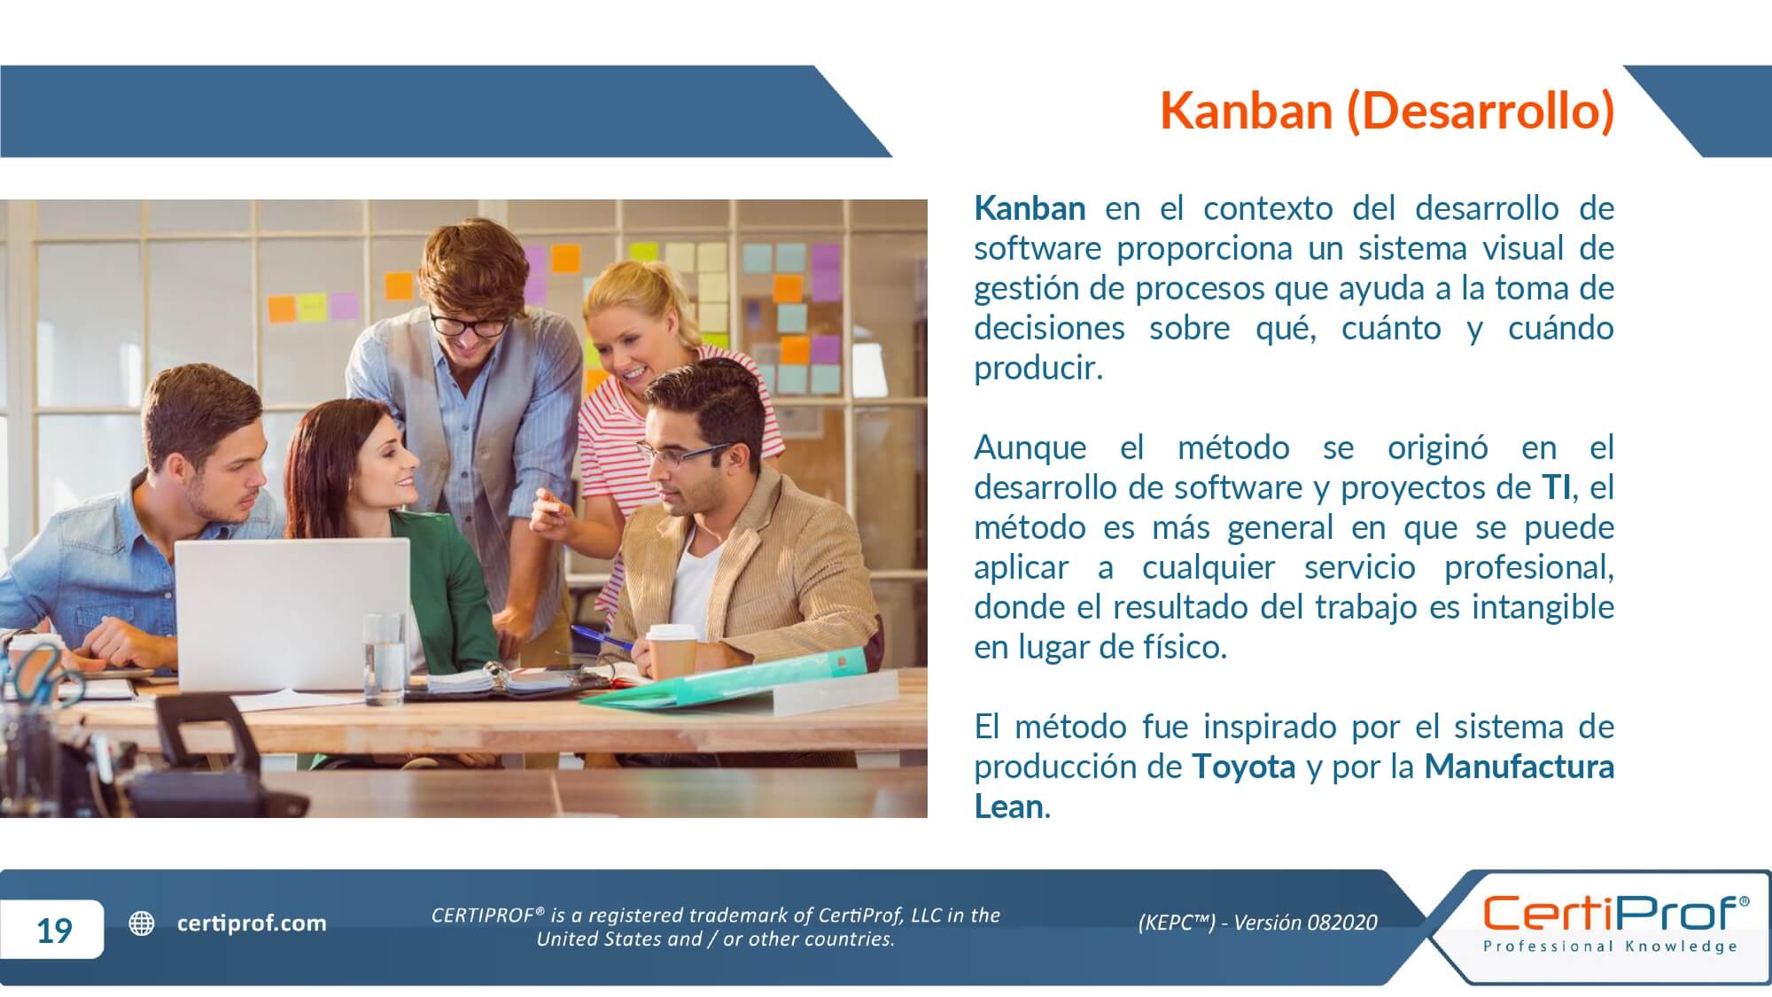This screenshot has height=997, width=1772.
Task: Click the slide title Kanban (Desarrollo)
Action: (x=1387, y=111)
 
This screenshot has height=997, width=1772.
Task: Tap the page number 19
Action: (x=54, y=930)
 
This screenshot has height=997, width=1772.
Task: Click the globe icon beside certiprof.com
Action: (x=142, y=923)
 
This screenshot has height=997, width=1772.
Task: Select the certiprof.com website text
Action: (x=252, y=923)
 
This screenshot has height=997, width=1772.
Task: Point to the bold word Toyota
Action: (x=1243, y=766)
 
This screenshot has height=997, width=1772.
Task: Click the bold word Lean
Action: (x=1009, y=806)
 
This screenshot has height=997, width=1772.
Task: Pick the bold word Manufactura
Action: (x=1519, y=766)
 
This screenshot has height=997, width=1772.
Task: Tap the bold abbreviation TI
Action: (x=1556, y=487)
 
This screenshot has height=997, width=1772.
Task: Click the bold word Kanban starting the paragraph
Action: (x=1030, y=208)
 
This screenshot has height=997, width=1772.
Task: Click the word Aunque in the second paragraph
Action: (x=1030, y=448)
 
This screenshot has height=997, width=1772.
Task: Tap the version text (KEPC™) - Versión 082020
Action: (x=1257, y=923)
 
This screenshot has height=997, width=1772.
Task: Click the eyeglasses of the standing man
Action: (x=469, y=323)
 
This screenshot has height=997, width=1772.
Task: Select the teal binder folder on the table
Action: (x=727, y=682)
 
